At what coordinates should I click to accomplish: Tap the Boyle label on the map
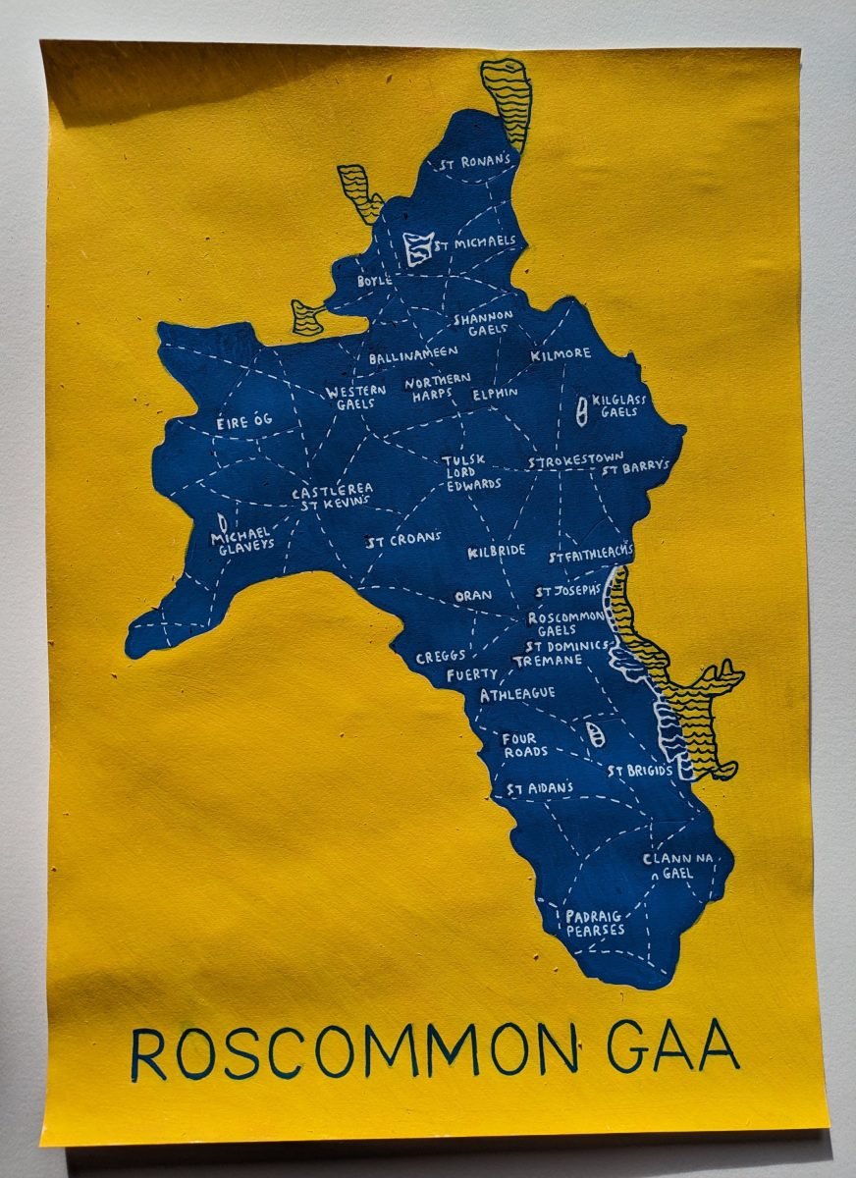pos(374,281)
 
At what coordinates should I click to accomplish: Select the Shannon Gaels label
pos(483,323)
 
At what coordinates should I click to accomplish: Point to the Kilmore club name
pos(561,353)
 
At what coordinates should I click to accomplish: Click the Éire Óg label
pos(243,422)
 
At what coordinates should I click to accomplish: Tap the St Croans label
pos(403,540)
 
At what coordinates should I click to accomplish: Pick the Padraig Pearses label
pos(595,923)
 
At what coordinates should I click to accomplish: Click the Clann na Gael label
pos(681,866)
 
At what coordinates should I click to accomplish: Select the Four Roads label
pos(525,745)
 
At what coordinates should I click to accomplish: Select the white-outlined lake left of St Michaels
pos(418,246)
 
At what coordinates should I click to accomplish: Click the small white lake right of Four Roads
pos(594,734)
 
